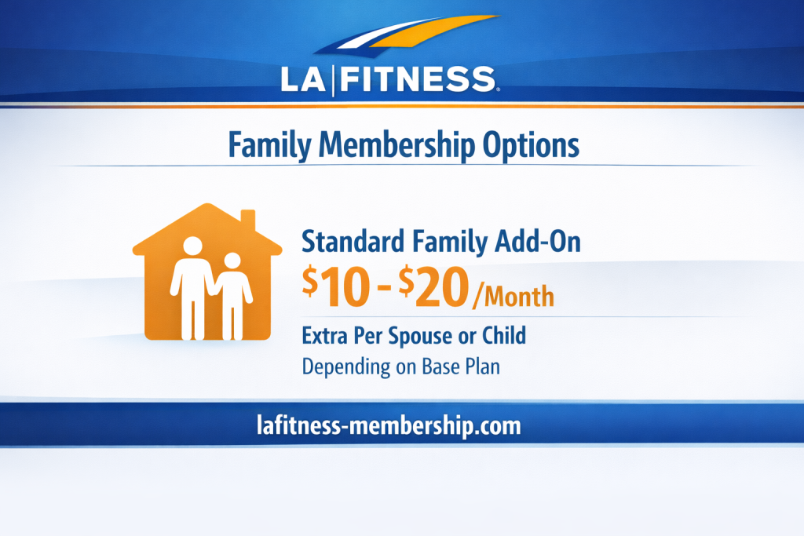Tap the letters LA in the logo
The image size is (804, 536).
303,79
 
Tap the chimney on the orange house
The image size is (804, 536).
247,219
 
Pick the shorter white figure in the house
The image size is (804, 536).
232,295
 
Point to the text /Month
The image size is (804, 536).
513,297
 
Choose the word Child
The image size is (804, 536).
502,336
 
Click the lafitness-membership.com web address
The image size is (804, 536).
389,425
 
